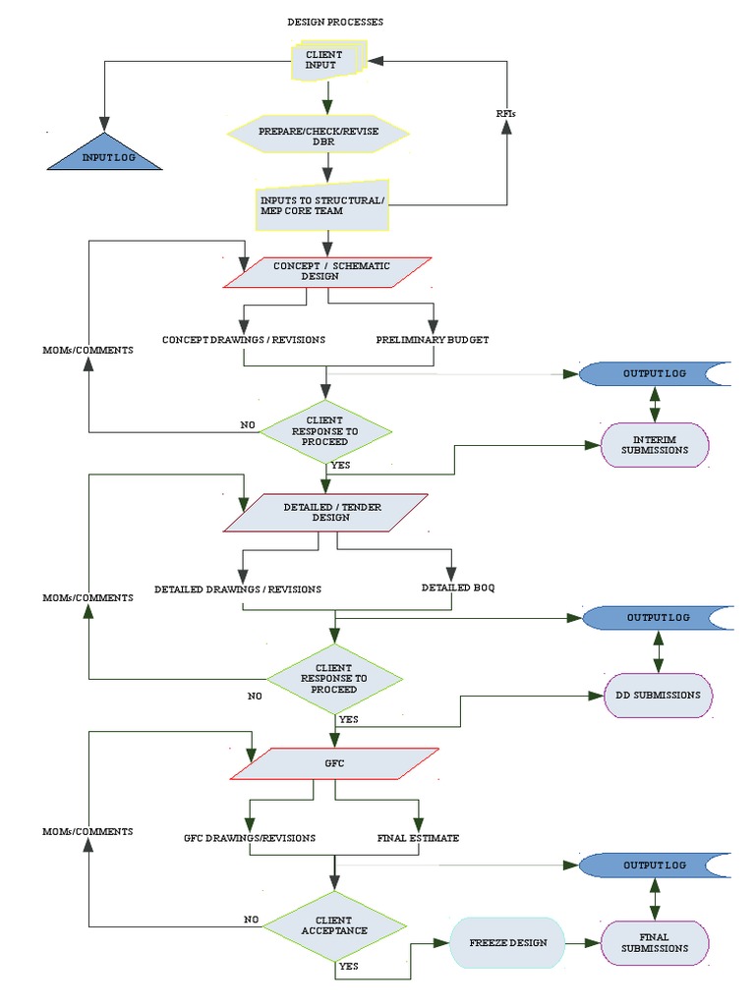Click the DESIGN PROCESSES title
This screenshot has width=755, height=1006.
(x=335, y=22)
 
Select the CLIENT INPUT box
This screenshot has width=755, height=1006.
(x=327, y=60)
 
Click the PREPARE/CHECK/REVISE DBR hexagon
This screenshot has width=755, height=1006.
(x=318, y=136)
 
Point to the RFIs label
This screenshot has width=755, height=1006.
(x=505, y=113)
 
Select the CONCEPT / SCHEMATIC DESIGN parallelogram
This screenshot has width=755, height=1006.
(x=327, y=272)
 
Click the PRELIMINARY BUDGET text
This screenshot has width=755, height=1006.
(x=433, y=340)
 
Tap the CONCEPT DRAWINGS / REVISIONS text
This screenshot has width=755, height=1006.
(x=244, y=340)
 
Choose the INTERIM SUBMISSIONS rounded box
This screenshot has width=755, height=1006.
(x=655, y=444)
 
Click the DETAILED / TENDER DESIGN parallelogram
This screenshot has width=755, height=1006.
(x=325, y=513)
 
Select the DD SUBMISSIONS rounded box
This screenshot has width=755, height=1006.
(x=658, y=695)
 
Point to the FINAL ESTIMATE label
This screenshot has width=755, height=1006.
(x=418, y=838)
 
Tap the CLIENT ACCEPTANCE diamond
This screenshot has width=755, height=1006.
(x=335, y=924)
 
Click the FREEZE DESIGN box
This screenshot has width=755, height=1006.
(x=508, y=942)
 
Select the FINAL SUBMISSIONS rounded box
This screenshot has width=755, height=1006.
(x=655, y=943)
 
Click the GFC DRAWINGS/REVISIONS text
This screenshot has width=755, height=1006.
(x=250, y=838)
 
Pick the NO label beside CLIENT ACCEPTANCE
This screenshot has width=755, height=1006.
(x=252, y=920)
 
